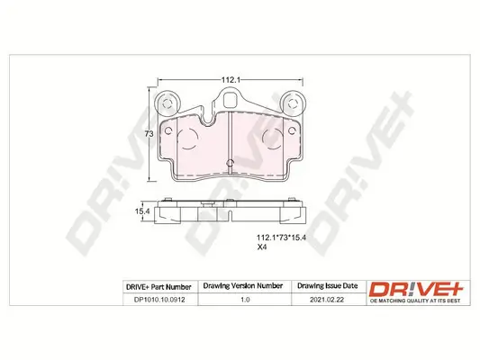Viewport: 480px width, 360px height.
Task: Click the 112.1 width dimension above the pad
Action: point(230,80)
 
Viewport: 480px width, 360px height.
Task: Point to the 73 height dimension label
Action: point(149,134)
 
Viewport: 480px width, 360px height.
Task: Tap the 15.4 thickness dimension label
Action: point(142,211)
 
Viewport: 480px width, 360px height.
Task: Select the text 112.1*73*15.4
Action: point(281,238)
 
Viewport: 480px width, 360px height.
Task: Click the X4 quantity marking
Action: point(262,247)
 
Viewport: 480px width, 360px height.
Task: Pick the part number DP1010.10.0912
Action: point(159,300)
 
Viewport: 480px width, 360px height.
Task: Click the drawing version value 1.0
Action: point(245,300)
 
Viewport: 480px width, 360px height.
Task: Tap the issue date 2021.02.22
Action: point(327,300)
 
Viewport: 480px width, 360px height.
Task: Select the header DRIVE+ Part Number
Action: point(158,287)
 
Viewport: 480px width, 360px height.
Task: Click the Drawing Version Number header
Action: point(243,286)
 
